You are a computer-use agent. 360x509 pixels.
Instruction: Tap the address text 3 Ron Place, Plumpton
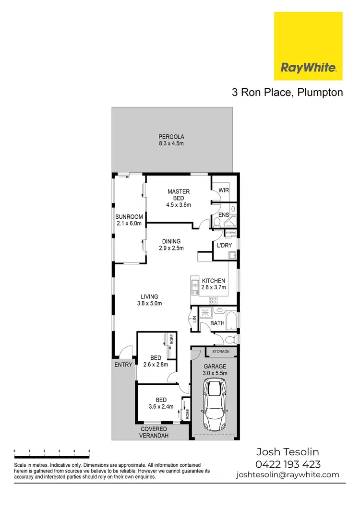click(288, 93)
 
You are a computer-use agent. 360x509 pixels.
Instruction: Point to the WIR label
click(224, 190)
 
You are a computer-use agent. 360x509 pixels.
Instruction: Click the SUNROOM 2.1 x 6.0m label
click(129, 220)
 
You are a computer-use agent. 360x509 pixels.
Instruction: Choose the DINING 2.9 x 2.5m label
click(171, 245)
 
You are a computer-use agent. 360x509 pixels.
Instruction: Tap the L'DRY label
click(224, 245)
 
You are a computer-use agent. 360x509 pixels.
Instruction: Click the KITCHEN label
click(214, 284)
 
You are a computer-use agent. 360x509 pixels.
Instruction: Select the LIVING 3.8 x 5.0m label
click(149, 300)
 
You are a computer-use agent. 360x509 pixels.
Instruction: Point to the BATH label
click(217, 323)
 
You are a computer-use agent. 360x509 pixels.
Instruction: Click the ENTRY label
click(123, 365)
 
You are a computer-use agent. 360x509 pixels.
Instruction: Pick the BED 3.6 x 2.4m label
click(161, 403)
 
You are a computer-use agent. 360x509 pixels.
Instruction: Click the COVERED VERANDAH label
click(154, 432)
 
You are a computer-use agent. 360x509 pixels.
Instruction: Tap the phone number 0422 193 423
click(288, 464)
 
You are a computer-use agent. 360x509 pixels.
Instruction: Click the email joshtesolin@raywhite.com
click(288, 475)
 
